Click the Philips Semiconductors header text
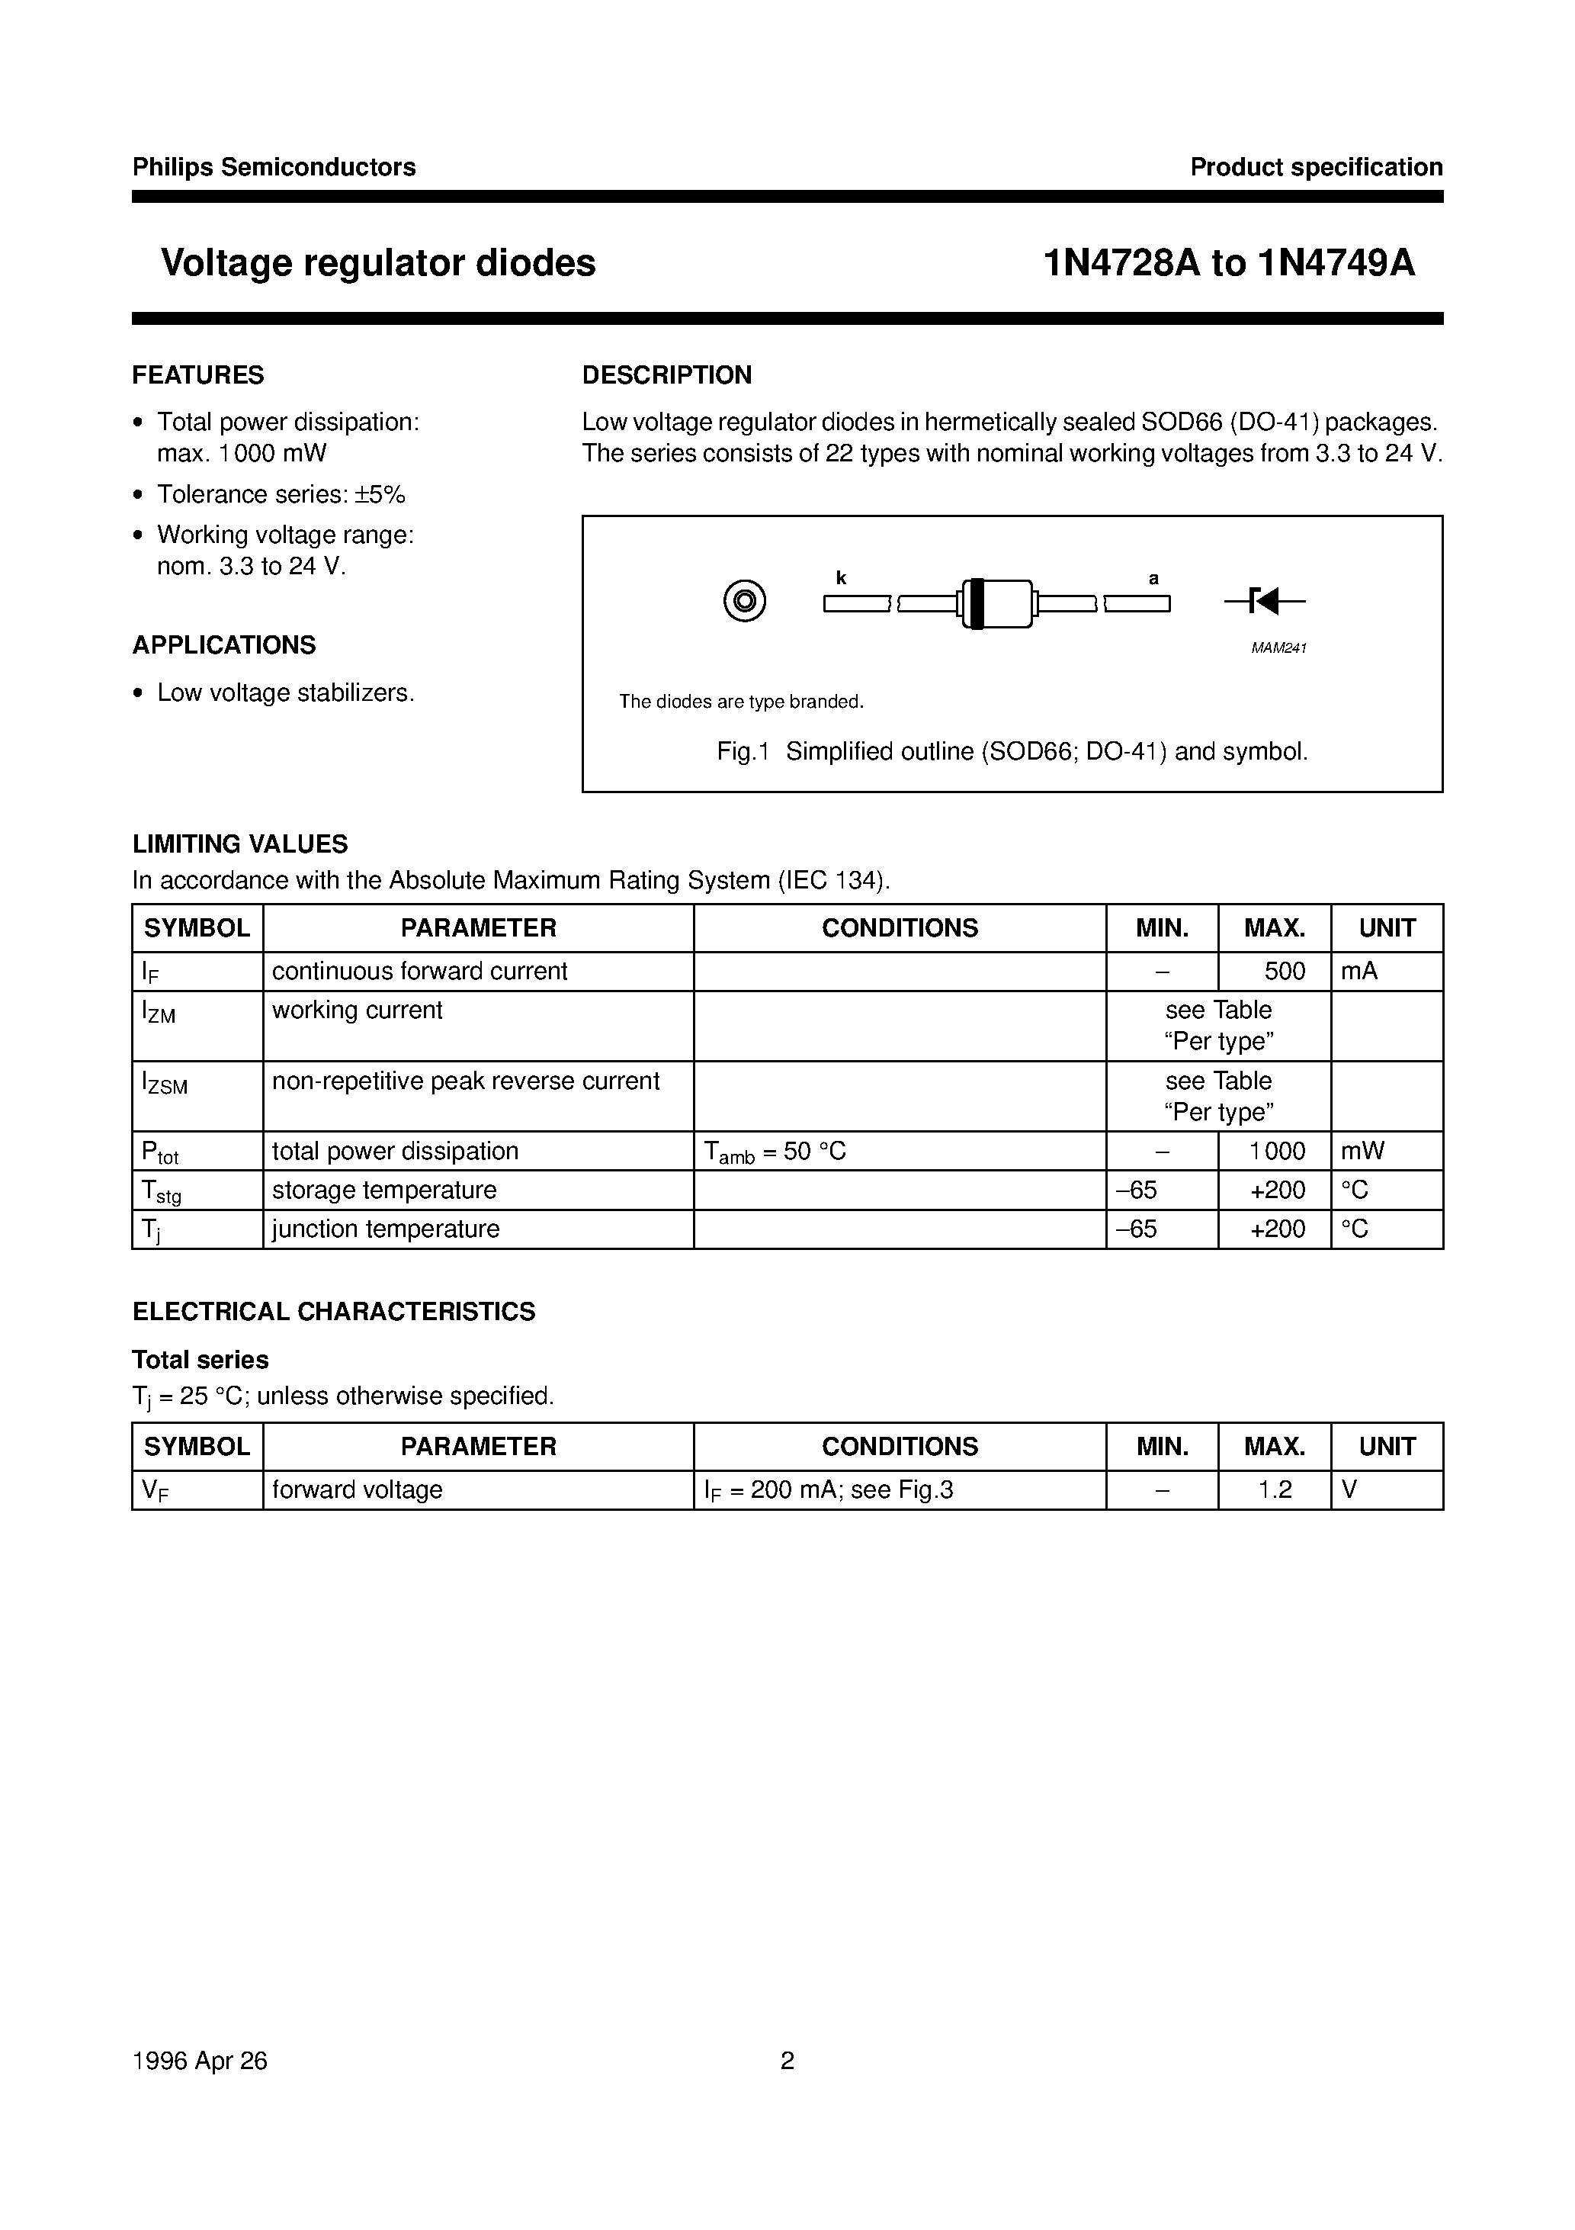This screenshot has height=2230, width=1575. click(x=274, y=167)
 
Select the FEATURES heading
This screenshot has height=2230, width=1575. click(x=198, y=375)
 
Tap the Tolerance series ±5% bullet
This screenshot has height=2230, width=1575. click(x=281, y=494)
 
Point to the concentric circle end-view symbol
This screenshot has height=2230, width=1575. click(x=745, y=602)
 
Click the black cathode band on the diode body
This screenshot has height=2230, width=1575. click(x=977, y=603)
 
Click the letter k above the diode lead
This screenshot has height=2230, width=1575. click(x=841, y=579)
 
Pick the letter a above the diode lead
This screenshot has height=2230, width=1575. click(x=1153, y=579)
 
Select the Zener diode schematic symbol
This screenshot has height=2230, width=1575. click(x=1264, y=602)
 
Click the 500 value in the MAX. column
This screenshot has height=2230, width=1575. click(x=1285, y=972)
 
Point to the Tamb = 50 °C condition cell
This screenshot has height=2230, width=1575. click(x=775, y=1152)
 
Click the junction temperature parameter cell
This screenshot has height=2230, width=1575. click(x=386, y=1229)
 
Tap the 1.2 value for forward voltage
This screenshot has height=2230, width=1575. click(x=1275, y=1490)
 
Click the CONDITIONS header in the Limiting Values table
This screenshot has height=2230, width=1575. click(x=899, y=927)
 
